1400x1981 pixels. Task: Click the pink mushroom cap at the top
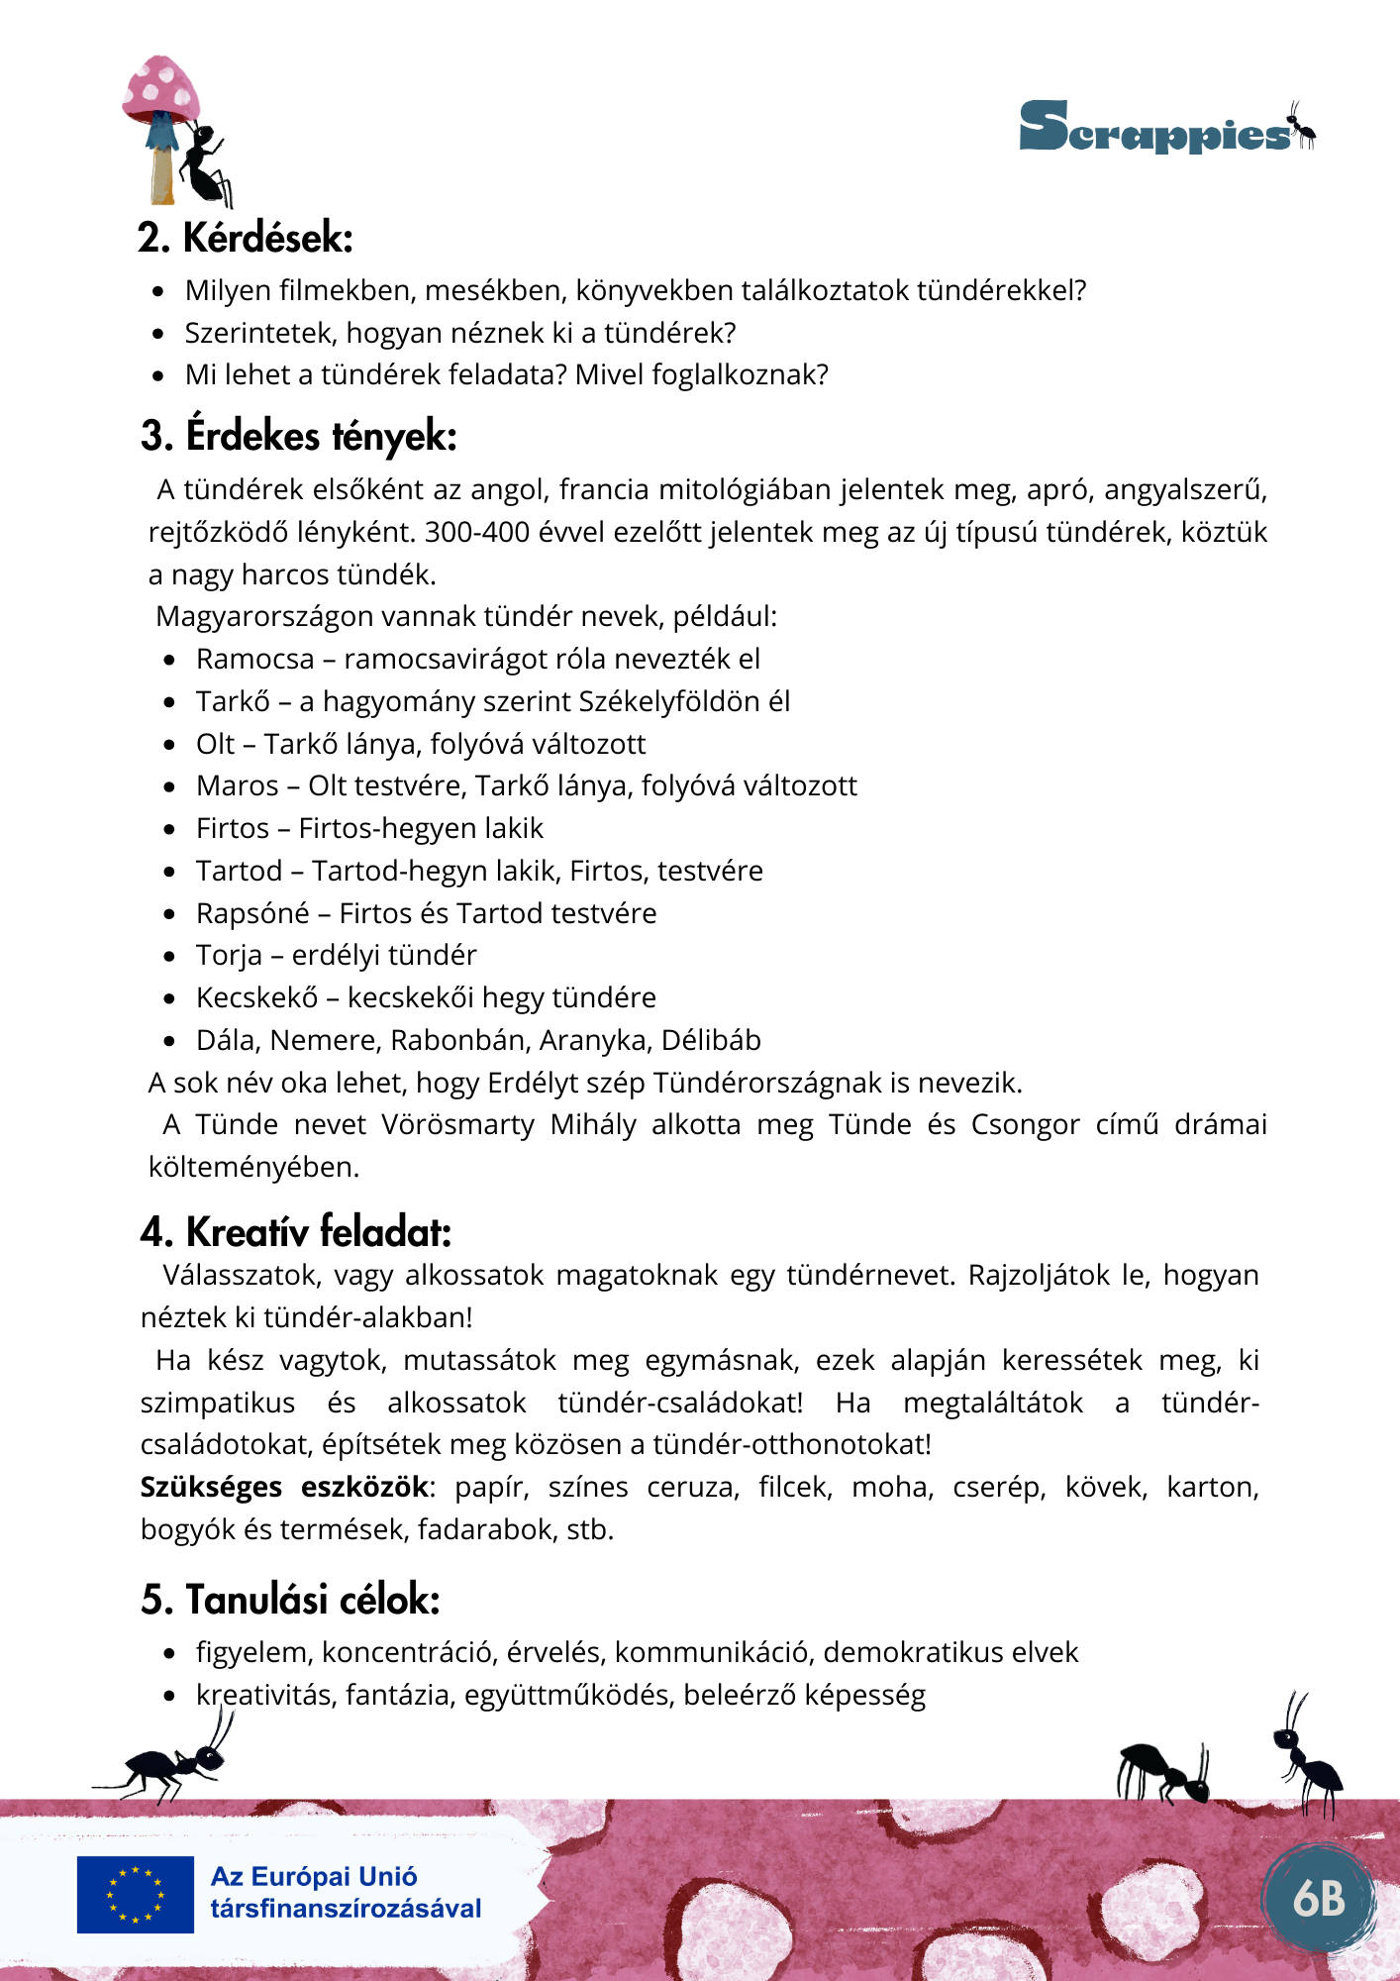[161, 88]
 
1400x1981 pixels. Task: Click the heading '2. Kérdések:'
[245, 239]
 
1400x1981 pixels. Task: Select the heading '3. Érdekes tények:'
[298, 437]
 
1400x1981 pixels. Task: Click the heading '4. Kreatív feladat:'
[295, 1232]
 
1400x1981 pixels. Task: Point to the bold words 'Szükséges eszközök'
[284, 1487]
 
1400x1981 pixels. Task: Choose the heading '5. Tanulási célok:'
[290, 1600]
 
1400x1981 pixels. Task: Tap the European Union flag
[136, 1894]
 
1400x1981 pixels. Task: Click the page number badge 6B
[1319, 1898]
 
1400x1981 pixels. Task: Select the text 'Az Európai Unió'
[314, 1877]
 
